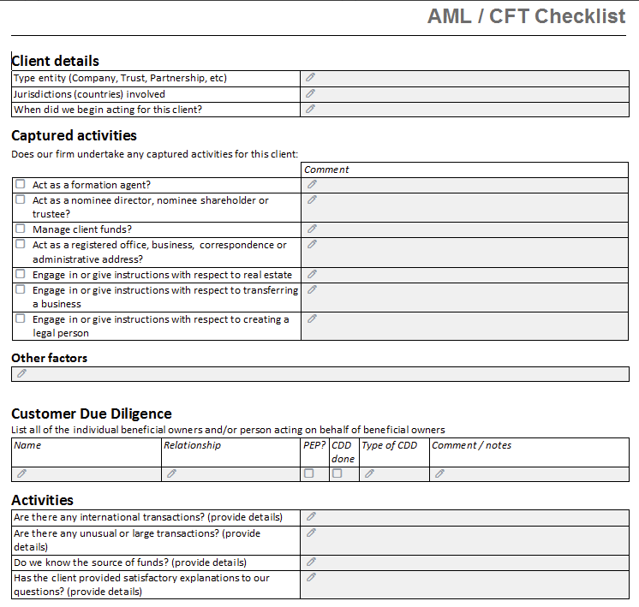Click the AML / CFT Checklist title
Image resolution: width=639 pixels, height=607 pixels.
(526, 16)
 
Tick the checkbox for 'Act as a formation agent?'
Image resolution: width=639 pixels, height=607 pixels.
(21, 184)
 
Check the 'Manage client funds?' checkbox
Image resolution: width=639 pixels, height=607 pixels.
(21, 229)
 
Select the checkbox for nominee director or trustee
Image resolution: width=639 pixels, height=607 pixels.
(21, 199)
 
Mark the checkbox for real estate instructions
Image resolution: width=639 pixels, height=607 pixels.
(21, 275)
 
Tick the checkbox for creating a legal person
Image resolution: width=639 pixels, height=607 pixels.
(21, 318)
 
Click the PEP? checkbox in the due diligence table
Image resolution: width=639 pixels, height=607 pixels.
(309, 473)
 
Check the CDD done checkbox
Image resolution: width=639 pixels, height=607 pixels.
(337, 473)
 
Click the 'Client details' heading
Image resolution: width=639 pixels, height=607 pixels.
(55, 61)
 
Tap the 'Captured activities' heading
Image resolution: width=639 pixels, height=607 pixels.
(74, 135)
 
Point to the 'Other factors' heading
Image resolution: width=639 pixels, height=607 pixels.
(49, 358)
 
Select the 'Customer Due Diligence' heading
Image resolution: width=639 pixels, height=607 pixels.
(91, 414)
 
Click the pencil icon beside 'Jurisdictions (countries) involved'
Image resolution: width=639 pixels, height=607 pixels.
(311, 93)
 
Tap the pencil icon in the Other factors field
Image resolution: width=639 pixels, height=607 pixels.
(22, 373)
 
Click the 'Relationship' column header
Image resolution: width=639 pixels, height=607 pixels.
(192, 445)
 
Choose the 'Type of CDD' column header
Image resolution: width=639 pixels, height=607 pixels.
(389, 445)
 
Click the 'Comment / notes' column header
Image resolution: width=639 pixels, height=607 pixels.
(471, 445)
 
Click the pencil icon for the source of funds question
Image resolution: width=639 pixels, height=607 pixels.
(311, 562)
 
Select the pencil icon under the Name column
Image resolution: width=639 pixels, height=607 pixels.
(22, 473)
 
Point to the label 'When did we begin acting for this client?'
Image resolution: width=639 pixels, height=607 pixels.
(108, 109)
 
